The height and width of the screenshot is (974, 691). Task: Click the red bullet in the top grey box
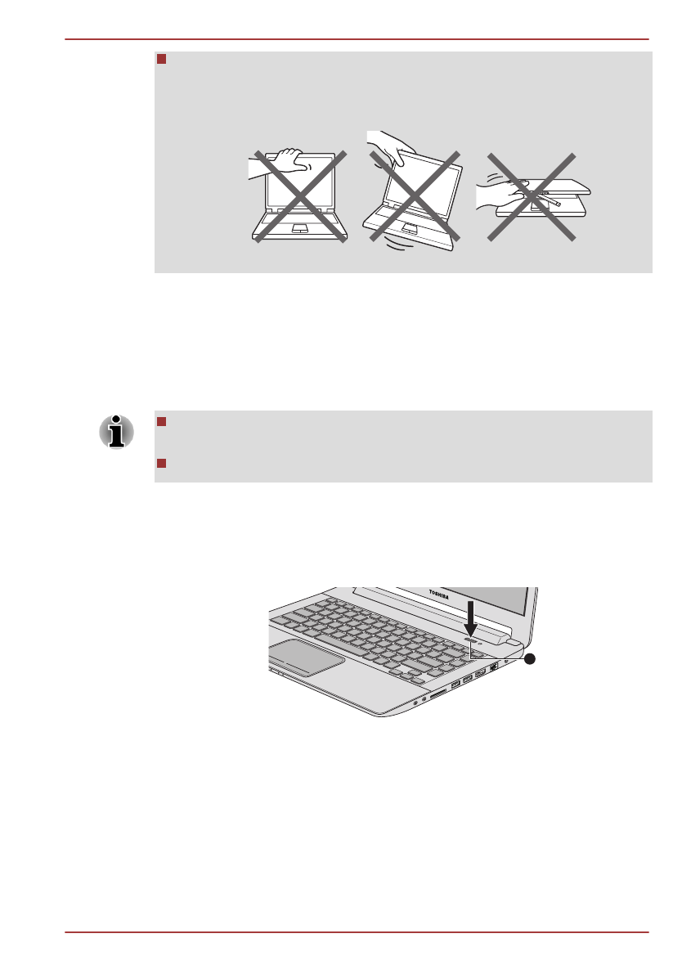(x=161, y=60)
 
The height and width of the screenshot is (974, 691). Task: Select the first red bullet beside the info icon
(x=161, y=422)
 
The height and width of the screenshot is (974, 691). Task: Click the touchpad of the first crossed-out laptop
(x=299, y=227)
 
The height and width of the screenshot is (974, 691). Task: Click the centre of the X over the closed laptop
(x=532, y=196)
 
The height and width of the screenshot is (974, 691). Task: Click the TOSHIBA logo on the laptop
(x=442, y=595)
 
